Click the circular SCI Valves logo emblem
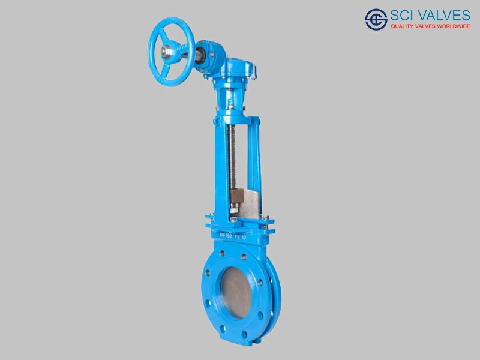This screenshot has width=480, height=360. (x=376, y=19)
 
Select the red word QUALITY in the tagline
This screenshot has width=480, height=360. (x=403, y=27)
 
